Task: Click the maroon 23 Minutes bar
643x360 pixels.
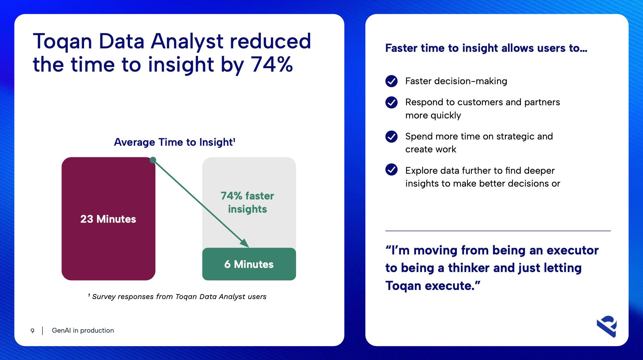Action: [x=108, y=219]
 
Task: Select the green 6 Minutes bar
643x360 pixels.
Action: [x=249, y=264]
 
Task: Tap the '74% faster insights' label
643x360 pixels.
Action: [x=247, y=202]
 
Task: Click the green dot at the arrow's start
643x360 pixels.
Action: [x=153, y=160]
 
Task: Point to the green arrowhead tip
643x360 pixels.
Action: [x=249, y=247]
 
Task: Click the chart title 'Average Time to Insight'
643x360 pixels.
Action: [x=175, y=142]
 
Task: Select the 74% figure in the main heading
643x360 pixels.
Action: [x=272, y=64]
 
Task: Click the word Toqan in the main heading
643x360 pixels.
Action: [x=62, y=41]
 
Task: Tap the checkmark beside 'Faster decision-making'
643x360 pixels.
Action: [x=392, y=81]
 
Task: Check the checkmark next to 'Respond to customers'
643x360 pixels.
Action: [x=392, y=102]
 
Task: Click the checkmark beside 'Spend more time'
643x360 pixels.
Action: [x=392, y=136]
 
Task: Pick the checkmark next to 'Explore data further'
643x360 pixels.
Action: [x=392, y=169]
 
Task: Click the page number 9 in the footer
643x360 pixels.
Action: [x=32, y=331]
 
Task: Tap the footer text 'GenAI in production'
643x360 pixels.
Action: [x=83, y=330]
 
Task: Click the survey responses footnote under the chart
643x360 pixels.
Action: [x=177, y=297]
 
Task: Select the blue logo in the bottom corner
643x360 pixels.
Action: [x=607, y=326]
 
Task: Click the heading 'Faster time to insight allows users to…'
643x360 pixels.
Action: [x=486, y=48]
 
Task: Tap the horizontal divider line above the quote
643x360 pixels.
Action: [x=498, y=231]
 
